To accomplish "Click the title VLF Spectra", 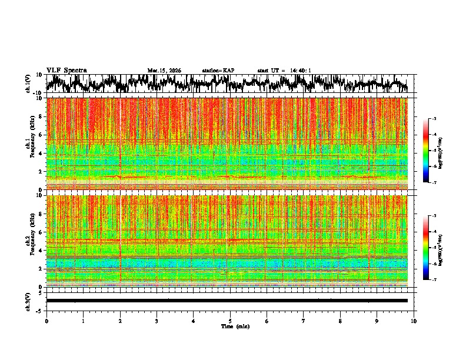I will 66,71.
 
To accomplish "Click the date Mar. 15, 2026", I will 164,71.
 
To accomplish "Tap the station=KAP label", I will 218,71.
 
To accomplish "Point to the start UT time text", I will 284,71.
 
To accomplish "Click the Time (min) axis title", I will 230,326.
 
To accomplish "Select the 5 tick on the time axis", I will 230,321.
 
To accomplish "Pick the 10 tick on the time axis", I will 414,321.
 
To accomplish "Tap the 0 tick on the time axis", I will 46,321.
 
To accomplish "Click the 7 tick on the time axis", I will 304,321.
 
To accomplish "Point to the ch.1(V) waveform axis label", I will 28,84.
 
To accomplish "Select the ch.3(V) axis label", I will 28,301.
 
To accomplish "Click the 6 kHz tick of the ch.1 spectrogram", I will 41,135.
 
